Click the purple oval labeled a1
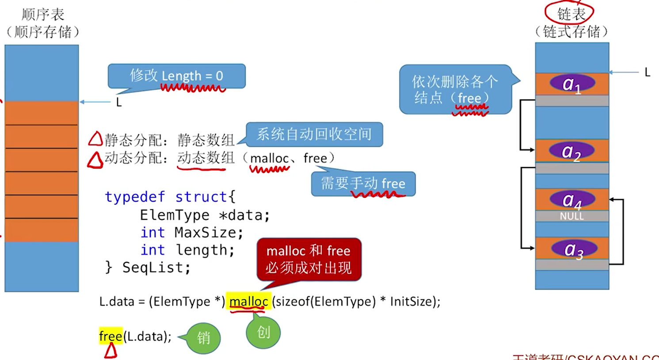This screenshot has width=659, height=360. [x=572, y=83]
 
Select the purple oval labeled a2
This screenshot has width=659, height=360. [x=572, y=151]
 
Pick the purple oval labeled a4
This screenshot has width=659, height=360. [x=572, y=199]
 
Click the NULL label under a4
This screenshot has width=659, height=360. [x=572, y=216]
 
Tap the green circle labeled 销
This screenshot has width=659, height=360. [x=203, y=338]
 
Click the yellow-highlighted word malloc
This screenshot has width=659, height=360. [x=248, y=302]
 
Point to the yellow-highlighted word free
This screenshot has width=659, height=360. [x=110, y=337]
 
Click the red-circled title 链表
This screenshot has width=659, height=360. [x=571, y=14]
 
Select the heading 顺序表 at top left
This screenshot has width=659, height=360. [x=43, y=15]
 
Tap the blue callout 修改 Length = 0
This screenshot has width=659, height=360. [x=176, y=76]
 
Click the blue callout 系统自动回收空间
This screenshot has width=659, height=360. [x=314, y=134]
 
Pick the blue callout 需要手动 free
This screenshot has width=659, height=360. [x=363, y=184]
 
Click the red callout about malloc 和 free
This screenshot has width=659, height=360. [x=309, y=259]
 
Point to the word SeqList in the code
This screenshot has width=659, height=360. [x=156, y=268]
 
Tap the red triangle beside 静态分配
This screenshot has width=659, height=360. [x=95, y=139]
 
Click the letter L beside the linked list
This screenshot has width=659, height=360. [x=647, y=73]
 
